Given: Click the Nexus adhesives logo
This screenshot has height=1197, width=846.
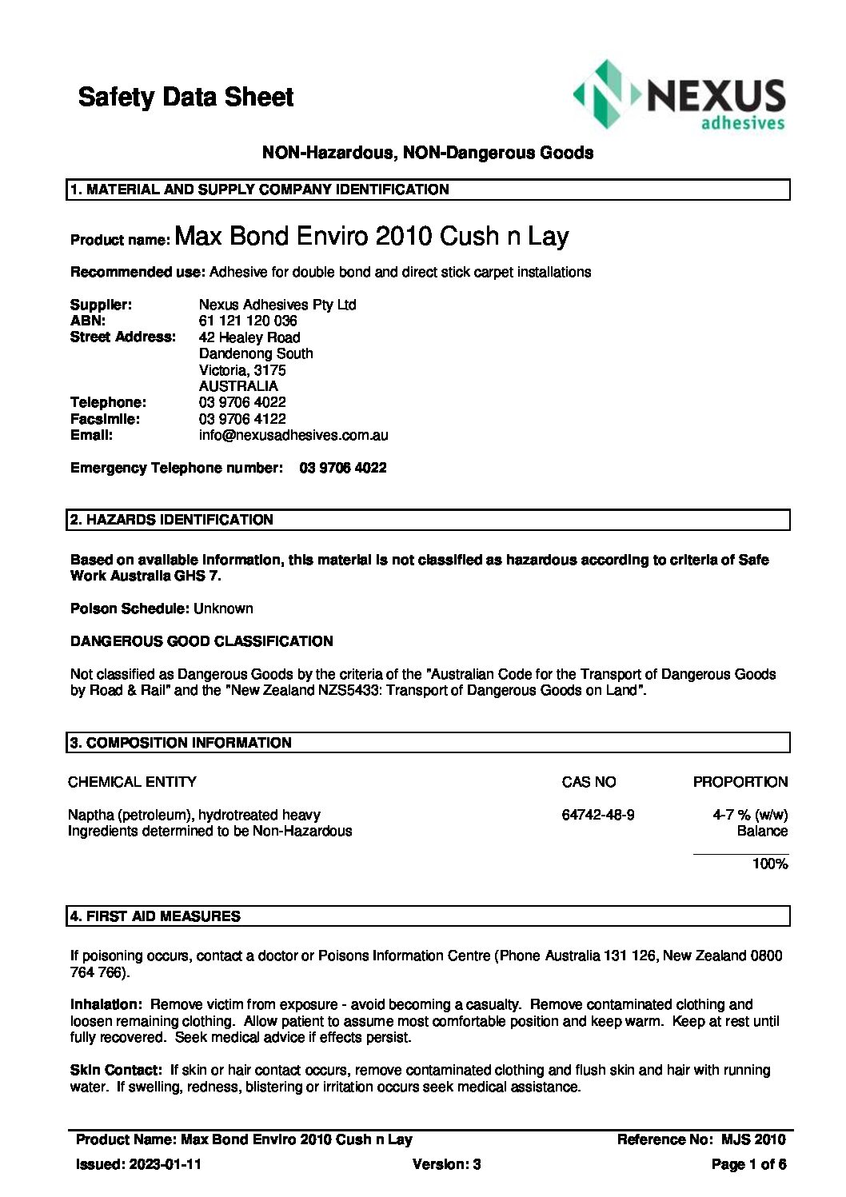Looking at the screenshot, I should click(679, 96).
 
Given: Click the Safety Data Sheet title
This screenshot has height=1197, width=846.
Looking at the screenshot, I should click(186, 98).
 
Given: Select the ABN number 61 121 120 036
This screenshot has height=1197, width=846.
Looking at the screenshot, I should click(248, 321).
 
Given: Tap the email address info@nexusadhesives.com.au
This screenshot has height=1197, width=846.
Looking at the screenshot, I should click(293, 436).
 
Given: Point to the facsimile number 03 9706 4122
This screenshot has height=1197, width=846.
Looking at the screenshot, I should click(242, 419).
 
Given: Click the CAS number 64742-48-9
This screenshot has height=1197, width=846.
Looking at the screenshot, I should click(598, 815).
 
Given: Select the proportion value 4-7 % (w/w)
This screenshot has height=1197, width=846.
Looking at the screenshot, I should click(749, 815).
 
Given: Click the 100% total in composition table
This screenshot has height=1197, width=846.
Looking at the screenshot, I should click(769, 864).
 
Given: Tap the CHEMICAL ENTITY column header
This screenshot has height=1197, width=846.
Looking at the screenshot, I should click(132, 782).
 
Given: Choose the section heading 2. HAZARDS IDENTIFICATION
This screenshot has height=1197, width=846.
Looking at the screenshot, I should click(172, 520).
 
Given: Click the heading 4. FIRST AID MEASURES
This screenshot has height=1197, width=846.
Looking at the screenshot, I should click(155, 916).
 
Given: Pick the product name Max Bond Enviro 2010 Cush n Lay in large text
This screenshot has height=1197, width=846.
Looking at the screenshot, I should click(371, 236).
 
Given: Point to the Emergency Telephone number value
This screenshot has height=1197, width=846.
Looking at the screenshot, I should click(342, 468).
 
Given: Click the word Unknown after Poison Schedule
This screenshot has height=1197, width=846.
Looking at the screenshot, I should click(223, 608).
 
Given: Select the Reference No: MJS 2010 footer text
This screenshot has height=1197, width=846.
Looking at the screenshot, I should click(700, 1139).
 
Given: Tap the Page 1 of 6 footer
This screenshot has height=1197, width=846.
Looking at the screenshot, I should click(748, 1164).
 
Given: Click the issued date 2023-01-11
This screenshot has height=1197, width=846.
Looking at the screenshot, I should click(166, 1164).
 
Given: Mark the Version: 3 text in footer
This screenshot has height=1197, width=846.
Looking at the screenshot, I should click(446, 1164).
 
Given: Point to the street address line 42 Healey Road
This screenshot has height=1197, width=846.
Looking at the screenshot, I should click(249, 337).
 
